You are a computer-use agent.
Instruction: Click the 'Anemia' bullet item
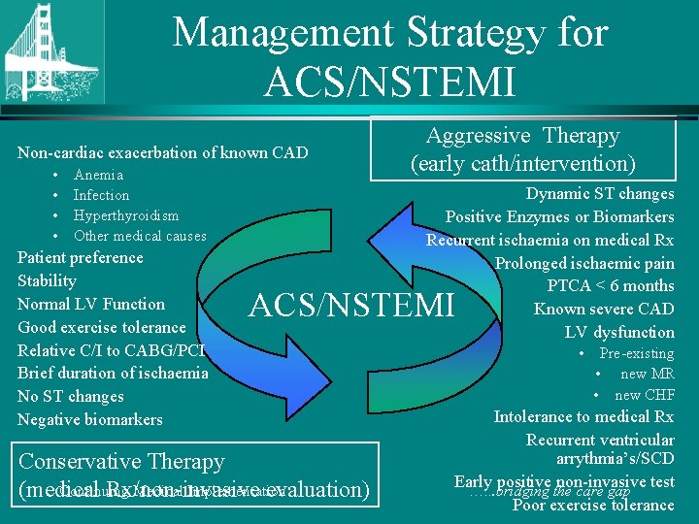click(x=98, y=176)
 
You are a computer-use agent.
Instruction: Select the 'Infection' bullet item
click(x=101, y=195)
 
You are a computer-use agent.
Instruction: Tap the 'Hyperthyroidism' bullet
click(x=126, y=215)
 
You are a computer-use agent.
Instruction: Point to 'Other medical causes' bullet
click(x=140, y=236)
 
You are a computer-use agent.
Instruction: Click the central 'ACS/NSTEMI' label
click(x=351, y=306)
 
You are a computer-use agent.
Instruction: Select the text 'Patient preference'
click(x=80, y=258)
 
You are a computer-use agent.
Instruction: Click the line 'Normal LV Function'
click(x=91, y=304)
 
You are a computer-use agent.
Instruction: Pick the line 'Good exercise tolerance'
click(x=101, y=327)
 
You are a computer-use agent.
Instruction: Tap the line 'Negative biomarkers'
click(x=89, y=419)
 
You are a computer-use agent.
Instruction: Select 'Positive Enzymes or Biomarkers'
click(x=559, y=216)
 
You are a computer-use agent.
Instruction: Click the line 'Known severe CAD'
click(x=603, y=309)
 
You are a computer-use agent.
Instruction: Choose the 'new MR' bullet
click(x=647, y=375)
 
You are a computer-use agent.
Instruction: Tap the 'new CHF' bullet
click(x=644, y=395)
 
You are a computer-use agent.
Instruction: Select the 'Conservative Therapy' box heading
click(x=121, y=462)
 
